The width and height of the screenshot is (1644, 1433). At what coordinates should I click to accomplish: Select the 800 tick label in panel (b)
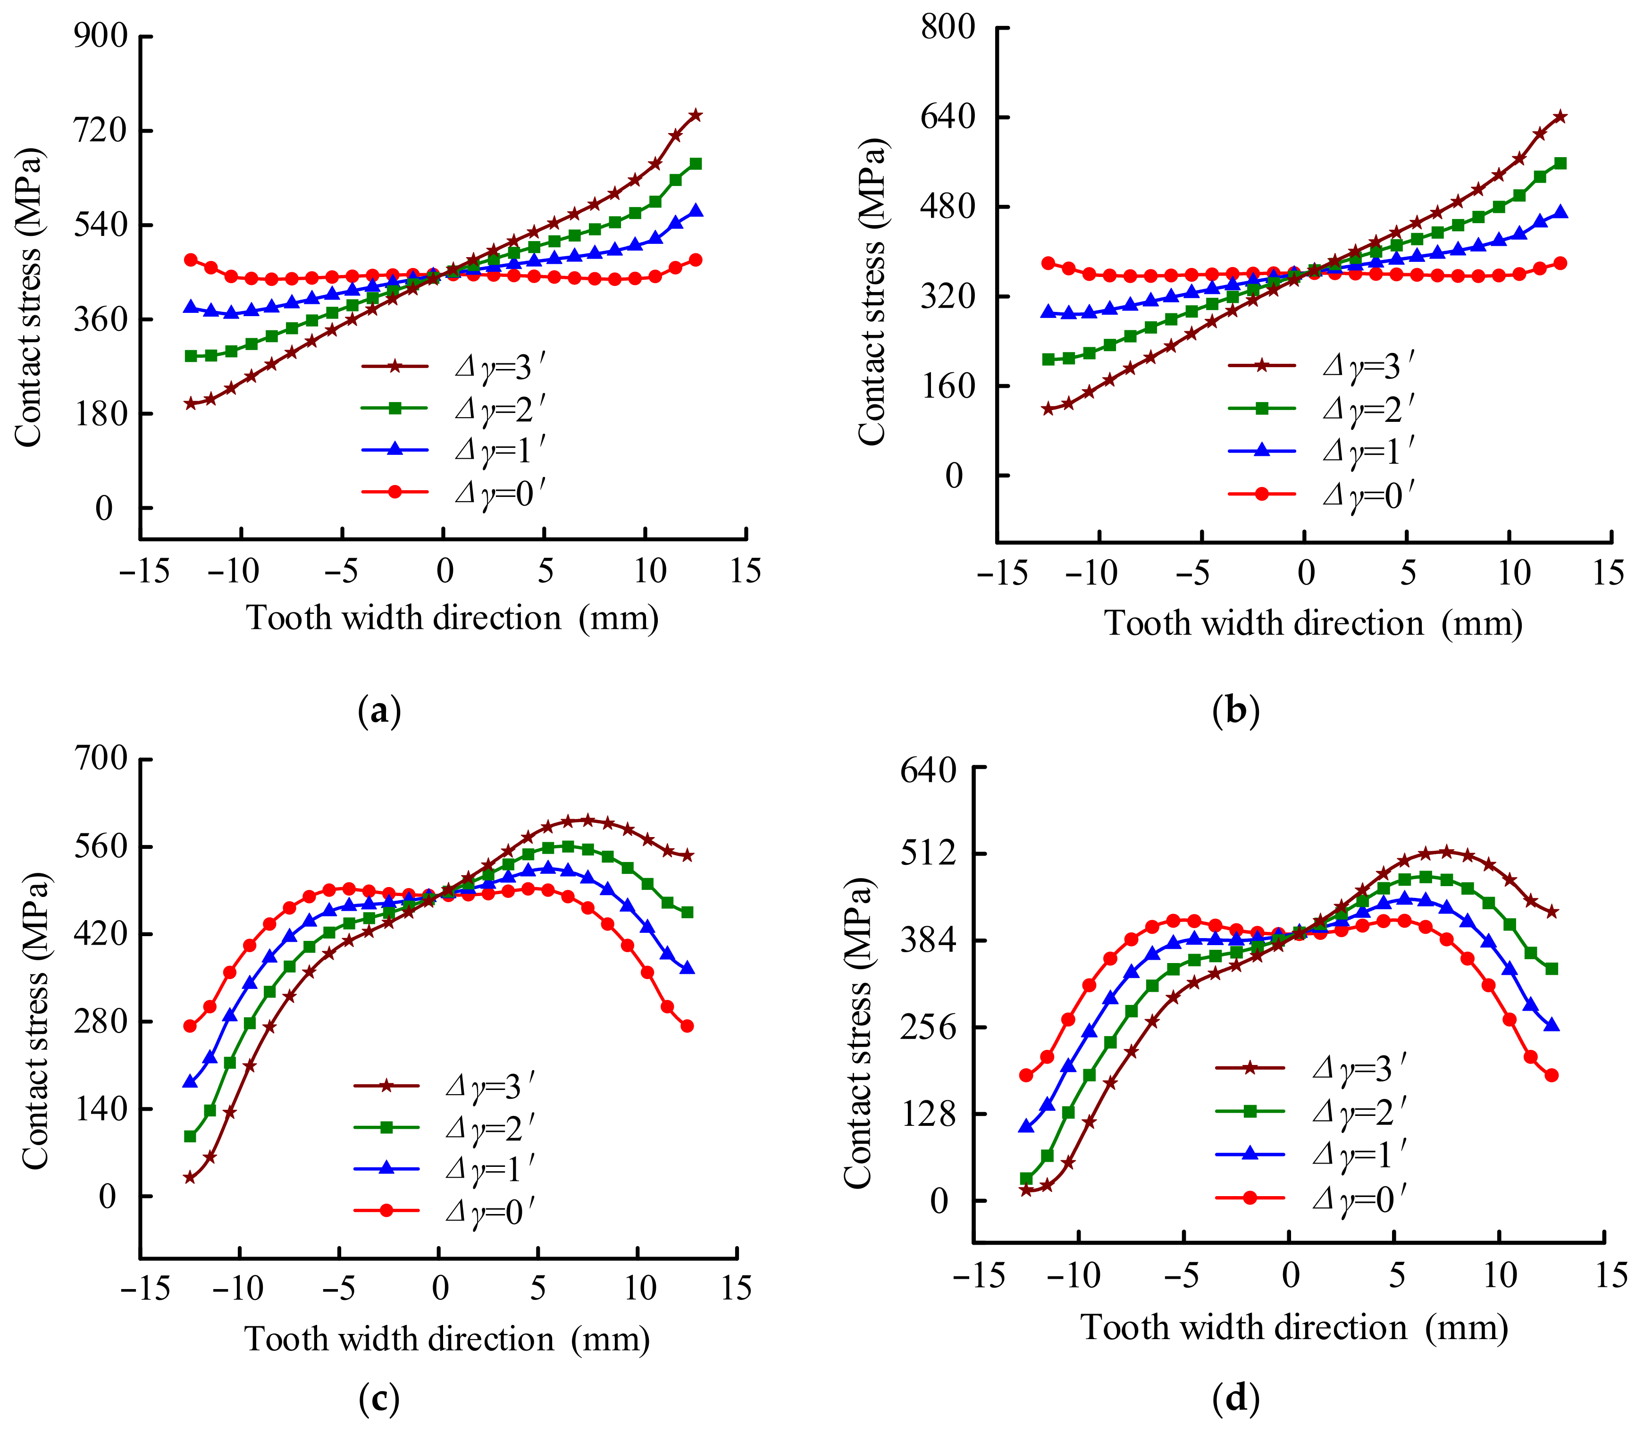click(x=948, y=27)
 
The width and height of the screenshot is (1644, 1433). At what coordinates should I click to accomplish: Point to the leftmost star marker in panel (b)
click(x=1048, y=409)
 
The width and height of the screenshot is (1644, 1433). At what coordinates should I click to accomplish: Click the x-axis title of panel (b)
click(x=1313, y=623)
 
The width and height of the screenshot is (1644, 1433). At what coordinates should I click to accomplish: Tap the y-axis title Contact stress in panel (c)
click(x=35, y=1020)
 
